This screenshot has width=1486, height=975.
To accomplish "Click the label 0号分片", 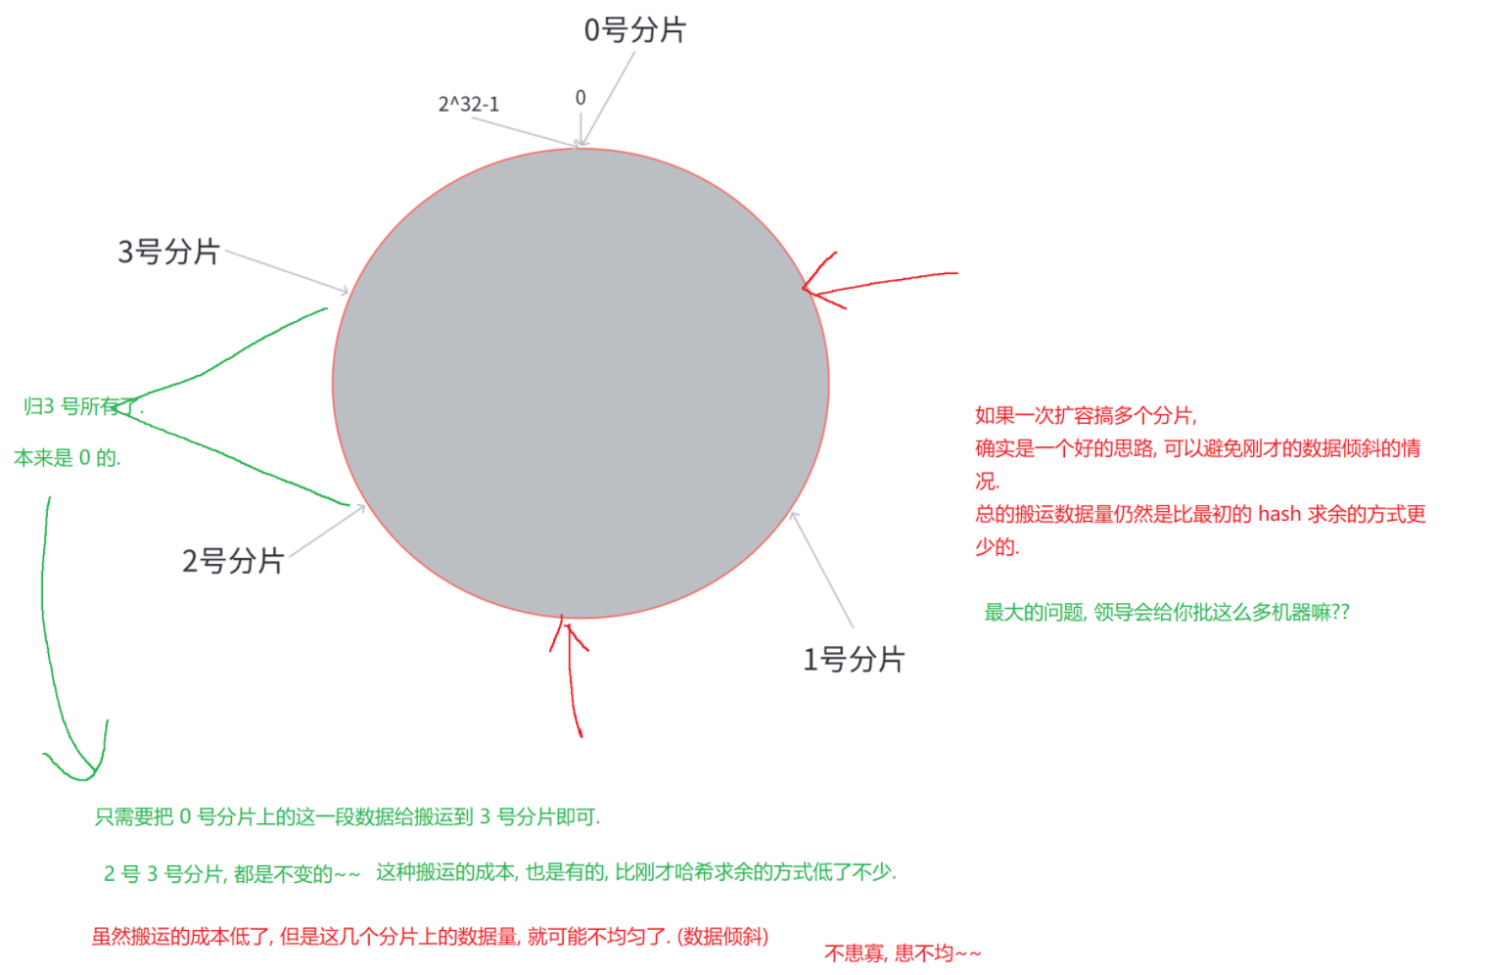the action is (x=634, y=30).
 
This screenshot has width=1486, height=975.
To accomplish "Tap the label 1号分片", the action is (x=853, y=660).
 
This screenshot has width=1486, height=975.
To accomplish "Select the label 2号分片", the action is (x=232, y=561).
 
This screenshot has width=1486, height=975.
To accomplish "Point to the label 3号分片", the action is (x=168, y=252).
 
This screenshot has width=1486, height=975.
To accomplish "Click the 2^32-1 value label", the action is (x=468, y=104).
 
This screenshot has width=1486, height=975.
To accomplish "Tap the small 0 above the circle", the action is (x=580, y=98).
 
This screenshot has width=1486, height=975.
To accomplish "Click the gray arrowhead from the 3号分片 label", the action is (x=344, y=290).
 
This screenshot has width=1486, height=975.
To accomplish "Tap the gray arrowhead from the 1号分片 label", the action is (x=794, y=517).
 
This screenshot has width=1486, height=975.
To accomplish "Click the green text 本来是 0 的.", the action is (x=68, y=458).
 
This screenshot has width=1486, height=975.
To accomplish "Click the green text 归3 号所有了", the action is (x=83, y=406).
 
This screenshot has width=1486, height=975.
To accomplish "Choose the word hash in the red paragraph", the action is (x=1278, y=514).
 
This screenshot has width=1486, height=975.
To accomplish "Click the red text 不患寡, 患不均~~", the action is (x=902, y=953).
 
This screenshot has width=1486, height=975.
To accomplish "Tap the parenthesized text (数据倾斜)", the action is (x=722, y=937).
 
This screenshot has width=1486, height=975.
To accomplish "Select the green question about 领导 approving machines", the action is (x=1166, y=613).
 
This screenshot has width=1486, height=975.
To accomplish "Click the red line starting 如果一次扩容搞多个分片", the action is (x=1086, y=415).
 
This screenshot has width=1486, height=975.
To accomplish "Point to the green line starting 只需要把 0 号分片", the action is (x=348, y=816).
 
